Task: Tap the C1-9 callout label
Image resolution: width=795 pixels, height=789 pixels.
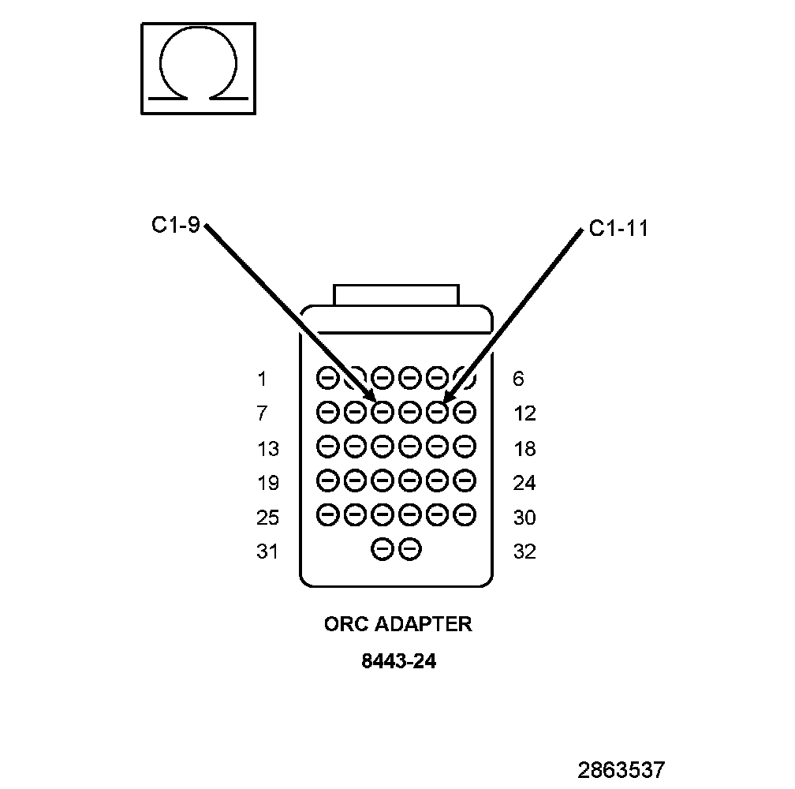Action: pos(176,226)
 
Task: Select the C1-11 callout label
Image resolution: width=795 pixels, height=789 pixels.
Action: pos(618,229)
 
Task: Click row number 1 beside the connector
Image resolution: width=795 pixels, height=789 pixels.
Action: pos(262,380)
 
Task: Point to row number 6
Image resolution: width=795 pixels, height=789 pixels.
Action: pos(517,380)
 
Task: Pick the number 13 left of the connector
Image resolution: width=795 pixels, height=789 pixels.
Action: pos(267,449)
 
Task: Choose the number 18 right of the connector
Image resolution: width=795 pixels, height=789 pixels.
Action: pos(524,449)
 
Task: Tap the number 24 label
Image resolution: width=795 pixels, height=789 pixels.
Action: pos(524,483)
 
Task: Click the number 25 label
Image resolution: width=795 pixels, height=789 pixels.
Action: pos(267,518)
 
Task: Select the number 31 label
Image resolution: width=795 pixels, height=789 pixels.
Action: pos(267,552)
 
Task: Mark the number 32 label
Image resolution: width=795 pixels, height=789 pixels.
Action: pos(524,552)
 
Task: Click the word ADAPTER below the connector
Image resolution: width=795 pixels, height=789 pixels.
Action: pos(423,624)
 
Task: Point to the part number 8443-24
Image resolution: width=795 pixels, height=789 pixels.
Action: pos(398,661)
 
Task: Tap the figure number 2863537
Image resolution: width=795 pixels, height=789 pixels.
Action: pos(621,769)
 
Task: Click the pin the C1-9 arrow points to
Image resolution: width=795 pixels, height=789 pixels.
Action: pos(382,411)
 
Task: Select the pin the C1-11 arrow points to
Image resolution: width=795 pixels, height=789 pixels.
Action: pos(437,411)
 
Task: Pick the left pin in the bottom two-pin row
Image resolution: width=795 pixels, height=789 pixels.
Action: pos(382,549)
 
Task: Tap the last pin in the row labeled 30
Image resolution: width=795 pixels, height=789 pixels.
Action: pos(465,514)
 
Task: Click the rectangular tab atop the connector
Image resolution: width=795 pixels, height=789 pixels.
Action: pos(395,295)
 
